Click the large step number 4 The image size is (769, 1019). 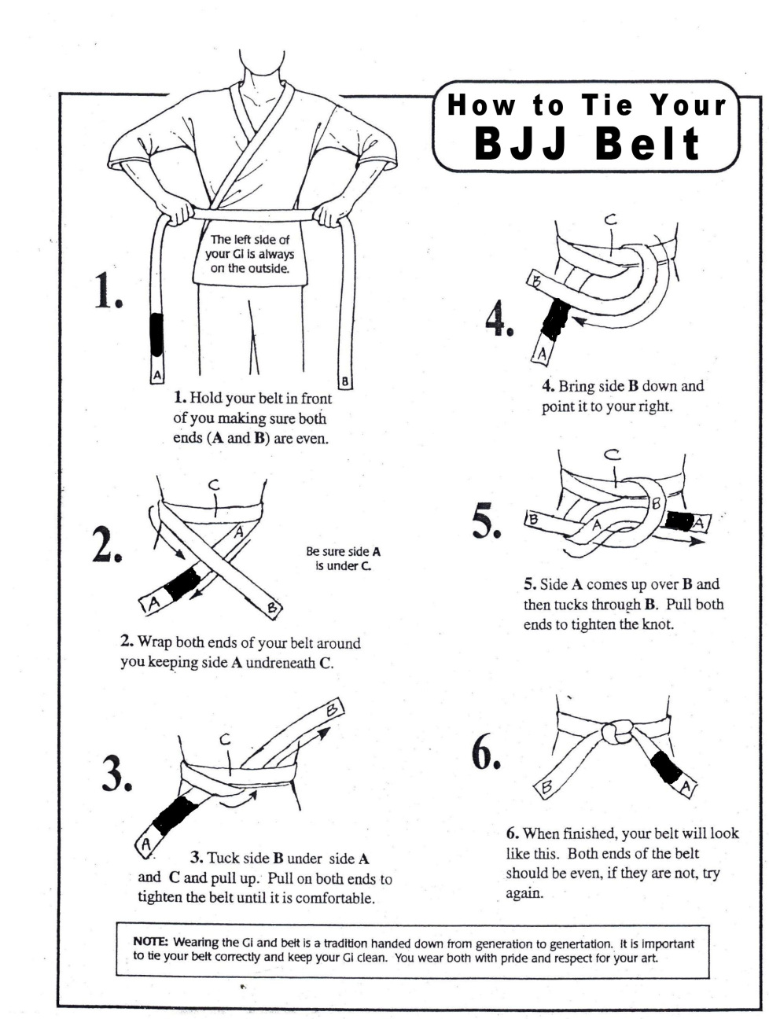coord(499,319)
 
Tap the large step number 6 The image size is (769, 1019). coord(486,753)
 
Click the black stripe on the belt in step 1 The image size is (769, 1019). coord(156,333)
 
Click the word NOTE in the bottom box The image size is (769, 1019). coord(151,941)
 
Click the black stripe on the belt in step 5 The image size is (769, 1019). coord(679,520)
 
